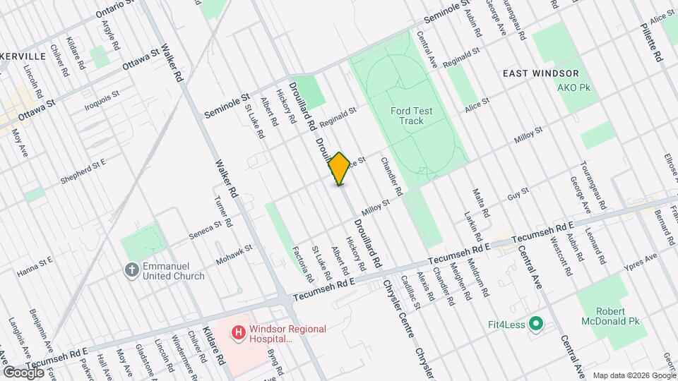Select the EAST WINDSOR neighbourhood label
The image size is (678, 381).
540,73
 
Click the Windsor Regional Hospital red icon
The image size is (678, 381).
239,331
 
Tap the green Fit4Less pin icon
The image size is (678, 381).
536,324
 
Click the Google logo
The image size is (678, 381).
23,371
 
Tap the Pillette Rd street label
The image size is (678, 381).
655,42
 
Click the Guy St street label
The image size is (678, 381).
518,193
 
